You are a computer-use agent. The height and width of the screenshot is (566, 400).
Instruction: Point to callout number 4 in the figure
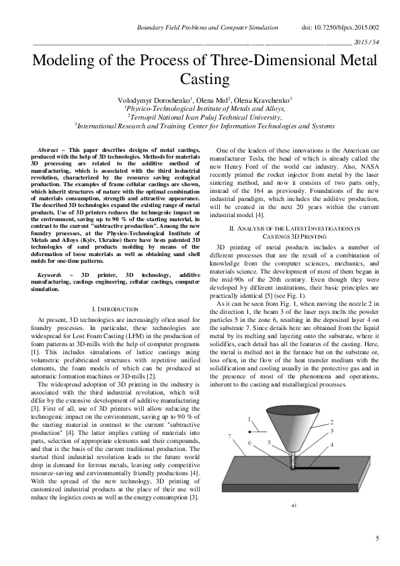(331, 445)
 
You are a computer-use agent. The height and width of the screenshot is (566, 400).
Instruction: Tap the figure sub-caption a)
(294, 504)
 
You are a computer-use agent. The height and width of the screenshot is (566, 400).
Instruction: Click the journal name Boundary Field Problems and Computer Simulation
(208, 28)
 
